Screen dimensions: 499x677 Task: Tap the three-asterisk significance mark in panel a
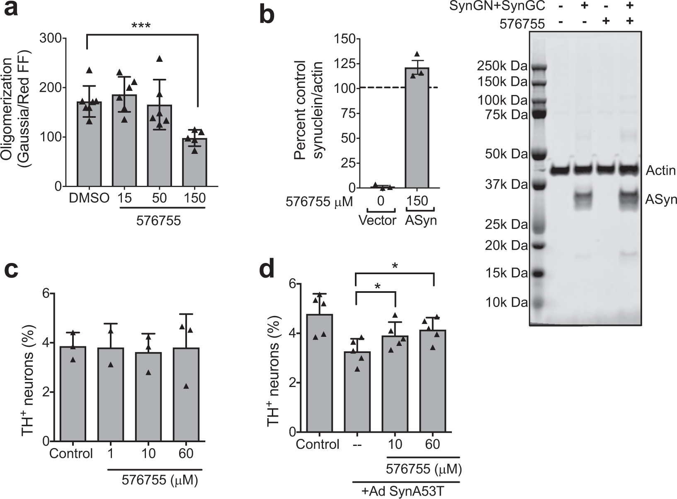[x=141, y=26]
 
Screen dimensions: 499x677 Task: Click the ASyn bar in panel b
[x=417, y=128]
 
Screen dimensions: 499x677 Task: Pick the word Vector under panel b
[x=377, y=220]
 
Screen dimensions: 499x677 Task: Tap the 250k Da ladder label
[x=502, y=66]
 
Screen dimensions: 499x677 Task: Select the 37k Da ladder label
[x=506, y=185]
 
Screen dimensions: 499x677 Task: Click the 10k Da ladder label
[x=506, y=303]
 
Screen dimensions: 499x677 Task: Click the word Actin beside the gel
[x=661, y=170]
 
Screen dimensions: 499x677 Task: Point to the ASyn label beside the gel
[x=661, y=200]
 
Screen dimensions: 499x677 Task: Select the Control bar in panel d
[x=319, y=373]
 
